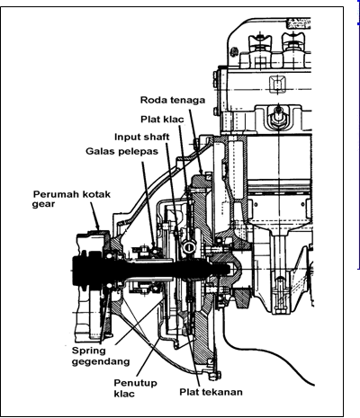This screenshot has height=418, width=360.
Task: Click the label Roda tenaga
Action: click(x=173, y=100)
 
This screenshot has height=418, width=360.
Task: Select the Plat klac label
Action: click(x=162, y=120)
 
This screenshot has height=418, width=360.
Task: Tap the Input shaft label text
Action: click(x=142, y=137)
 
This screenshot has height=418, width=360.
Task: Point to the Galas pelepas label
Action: click(x=121, y=151)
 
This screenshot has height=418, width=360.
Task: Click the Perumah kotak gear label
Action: click(x=71, y=199)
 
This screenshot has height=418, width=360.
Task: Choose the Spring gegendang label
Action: click(x=101, y=356)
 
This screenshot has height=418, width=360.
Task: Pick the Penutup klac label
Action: click(x=135, y=388)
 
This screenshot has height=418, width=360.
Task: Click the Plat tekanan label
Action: click(x=211, y=392)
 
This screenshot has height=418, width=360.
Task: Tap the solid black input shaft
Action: click(x=150, y=268)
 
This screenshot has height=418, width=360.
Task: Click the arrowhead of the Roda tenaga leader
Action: click(x=202, y=171)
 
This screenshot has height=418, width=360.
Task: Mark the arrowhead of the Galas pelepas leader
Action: click(x=153, y=245)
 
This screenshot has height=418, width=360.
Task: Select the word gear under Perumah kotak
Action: click(x=43, y=205)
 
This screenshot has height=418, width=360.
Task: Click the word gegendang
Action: click(x=101, y=361)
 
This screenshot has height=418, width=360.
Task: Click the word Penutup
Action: click(x=135, y=383)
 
